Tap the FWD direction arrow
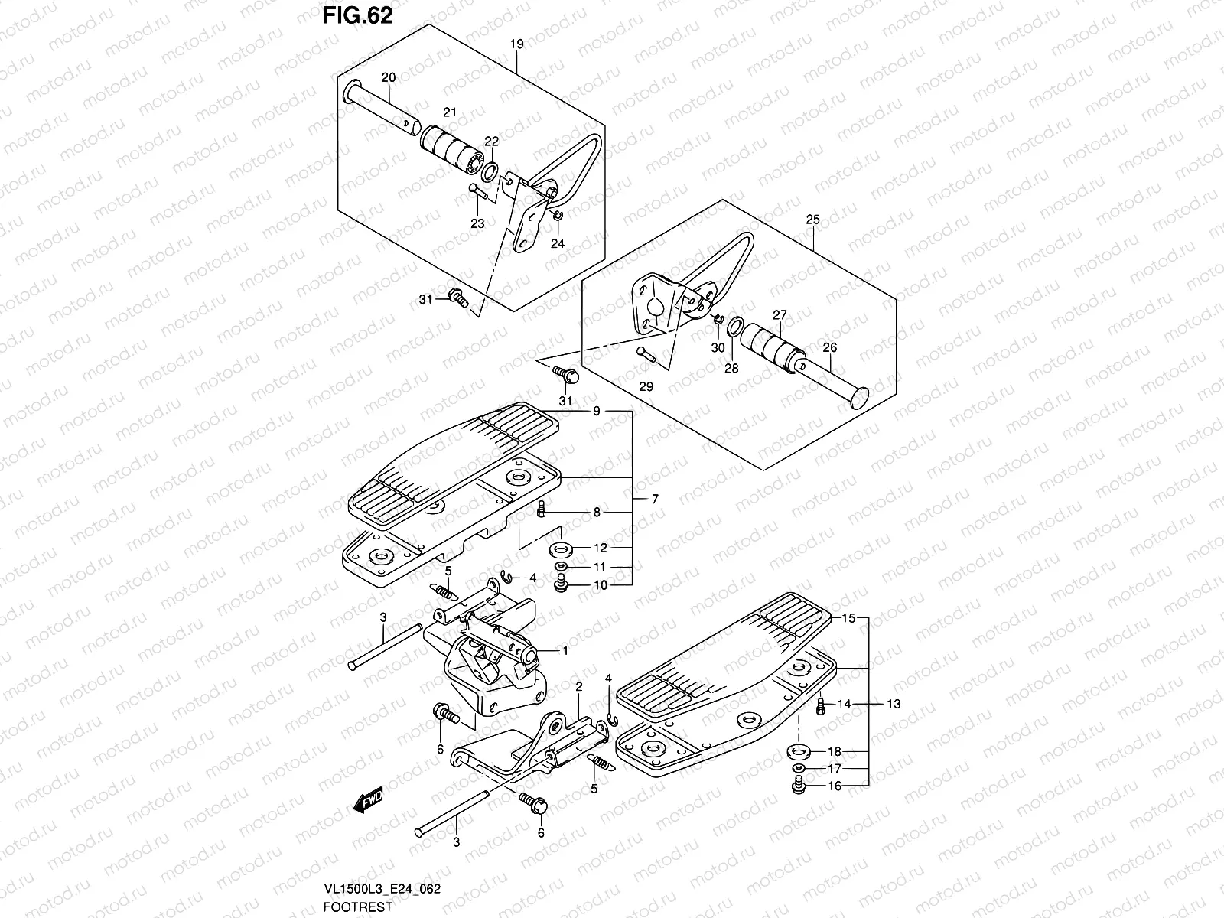point(368,801)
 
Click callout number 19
point(516,44)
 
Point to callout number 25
point(812,220)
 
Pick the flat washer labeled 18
point(799,751)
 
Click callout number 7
point(655,499)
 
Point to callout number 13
point(894,704)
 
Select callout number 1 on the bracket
point(565,651)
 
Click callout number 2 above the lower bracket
point(579,687)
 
